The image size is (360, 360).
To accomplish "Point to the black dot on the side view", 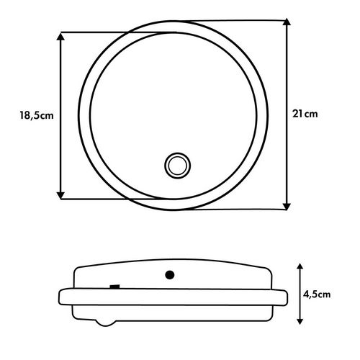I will (171, 274).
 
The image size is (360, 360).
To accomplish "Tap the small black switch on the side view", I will (114, 287).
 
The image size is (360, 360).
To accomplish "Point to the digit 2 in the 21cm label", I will (297, 113).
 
